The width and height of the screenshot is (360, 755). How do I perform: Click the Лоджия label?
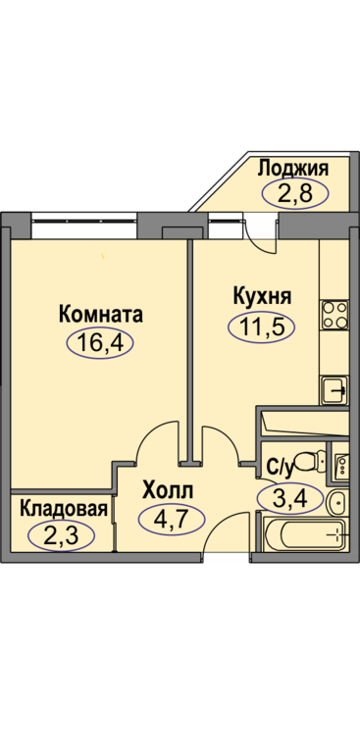(x=293, y=170)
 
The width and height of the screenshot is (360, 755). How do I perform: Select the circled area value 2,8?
(x=294, y=194)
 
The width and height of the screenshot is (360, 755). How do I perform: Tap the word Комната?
(x=101, y=315)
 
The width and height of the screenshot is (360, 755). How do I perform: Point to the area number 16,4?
(x=100, y=343)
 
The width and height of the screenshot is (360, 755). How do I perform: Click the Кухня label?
(x=262, y=295)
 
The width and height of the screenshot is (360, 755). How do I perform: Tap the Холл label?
(x=168, y=490)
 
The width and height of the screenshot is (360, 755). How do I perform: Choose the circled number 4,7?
(x=172, y=520)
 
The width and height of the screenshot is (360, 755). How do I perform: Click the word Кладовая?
(x=64, y=509)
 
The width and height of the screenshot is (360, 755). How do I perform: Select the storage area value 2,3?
(x=61, y=535)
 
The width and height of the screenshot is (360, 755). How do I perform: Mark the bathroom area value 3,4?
(x=290, y=498)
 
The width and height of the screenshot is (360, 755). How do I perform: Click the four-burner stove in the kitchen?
(x=334, y=315)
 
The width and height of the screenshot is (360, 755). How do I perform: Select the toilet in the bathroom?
(x=309, y=462)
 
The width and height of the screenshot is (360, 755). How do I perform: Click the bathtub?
(x=306, y=533)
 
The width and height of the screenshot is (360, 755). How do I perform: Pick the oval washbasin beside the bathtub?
(x=336, y=503)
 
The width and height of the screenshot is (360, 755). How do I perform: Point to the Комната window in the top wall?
(x=84, y=226)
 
